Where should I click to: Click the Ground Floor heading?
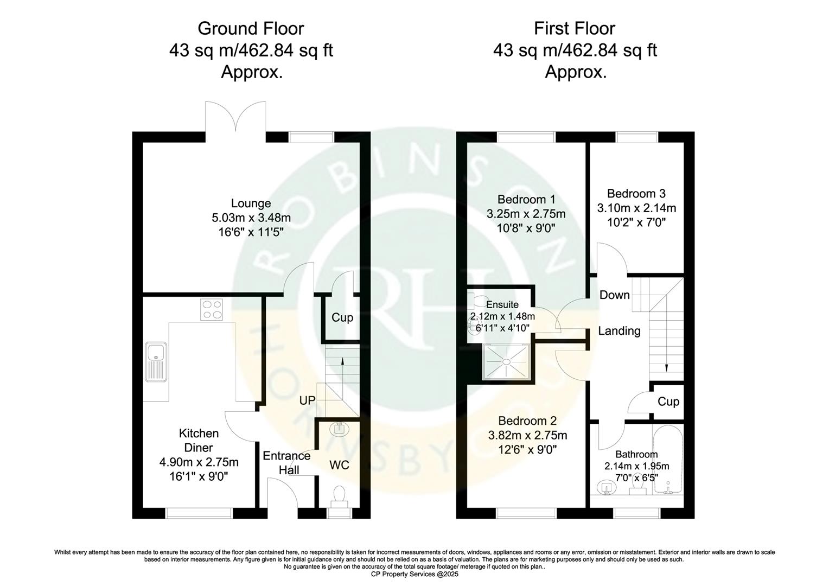[251, 28]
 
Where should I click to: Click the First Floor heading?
[575, 28]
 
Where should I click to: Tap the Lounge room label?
[251, 203]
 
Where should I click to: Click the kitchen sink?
[157, 361]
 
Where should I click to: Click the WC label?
[340, 465]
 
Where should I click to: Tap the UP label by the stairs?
[307, 400]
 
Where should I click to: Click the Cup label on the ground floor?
[342, 317]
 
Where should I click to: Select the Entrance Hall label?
[286, 462]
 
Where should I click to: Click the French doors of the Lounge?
[235, 117]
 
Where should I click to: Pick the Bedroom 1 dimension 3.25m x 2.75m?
[526, 213]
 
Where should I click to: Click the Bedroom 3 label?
[636, 194]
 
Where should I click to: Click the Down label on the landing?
[614, 295]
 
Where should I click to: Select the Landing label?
[619, 330]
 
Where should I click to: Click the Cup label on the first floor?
[668, 402]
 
